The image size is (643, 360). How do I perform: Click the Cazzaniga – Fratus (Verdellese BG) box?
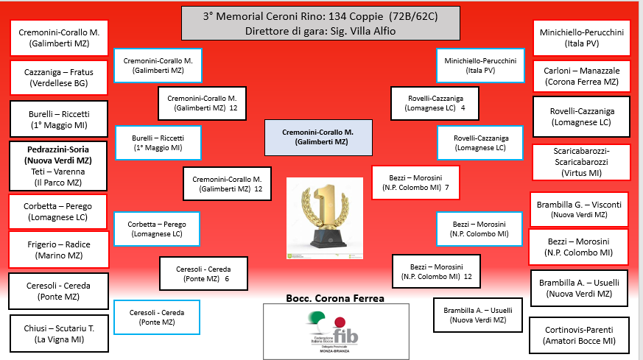59,78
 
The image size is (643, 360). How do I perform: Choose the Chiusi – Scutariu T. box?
59,333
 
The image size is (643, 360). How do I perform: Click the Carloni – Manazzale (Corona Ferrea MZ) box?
582,76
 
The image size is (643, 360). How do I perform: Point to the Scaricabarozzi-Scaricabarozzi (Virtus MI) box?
582,162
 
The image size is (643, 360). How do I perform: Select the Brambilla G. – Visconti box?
580,209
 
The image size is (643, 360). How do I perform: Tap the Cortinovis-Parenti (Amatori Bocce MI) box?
580,334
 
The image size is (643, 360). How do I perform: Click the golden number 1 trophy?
324,218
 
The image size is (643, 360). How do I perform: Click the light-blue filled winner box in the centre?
317,137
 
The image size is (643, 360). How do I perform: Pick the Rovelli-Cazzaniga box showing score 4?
437,102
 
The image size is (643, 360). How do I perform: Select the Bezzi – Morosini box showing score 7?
416,183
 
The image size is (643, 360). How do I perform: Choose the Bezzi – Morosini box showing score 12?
437,272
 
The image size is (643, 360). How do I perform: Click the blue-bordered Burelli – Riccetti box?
158,142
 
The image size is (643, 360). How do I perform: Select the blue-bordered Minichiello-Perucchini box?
480,66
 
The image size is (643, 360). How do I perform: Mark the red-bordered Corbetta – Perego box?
57,212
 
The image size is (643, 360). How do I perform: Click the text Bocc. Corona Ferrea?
335,298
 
